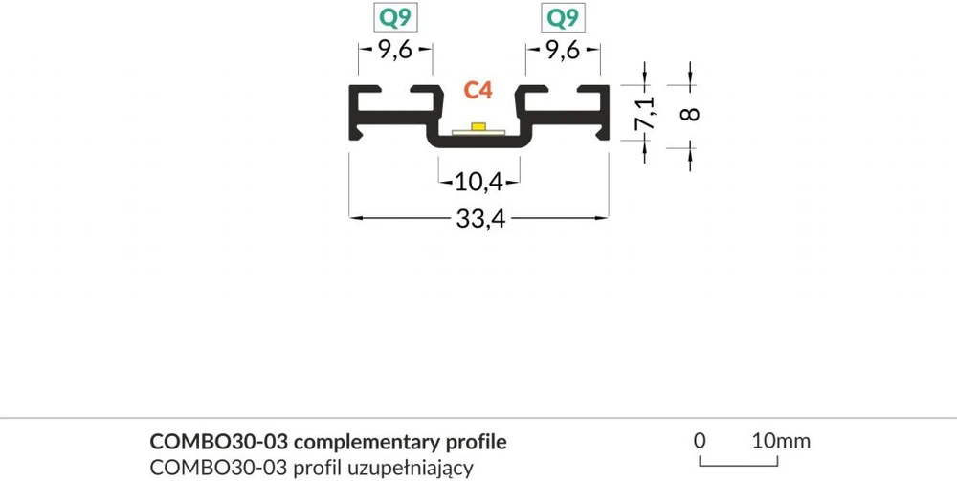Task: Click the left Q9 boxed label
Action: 395,17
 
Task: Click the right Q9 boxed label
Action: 563,17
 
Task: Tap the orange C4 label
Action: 478,90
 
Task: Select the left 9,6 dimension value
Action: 395,51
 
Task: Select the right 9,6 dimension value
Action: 563,51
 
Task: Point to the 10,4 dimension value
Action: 479,182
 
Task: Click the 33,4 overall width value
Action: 481,218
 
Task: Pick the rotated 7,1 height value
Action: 645,114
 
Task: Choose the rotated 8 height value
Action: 690,114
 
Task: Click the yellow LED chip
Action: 478,126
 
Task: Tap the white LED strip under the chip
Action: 478,131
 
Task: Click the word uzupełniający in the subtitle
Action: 412,470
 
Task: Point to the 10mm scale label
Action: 781,441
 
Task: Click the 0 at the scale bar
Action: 701,441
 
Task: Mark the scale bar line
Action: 739,465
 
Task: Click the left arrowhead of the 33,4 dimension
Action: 354,217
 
